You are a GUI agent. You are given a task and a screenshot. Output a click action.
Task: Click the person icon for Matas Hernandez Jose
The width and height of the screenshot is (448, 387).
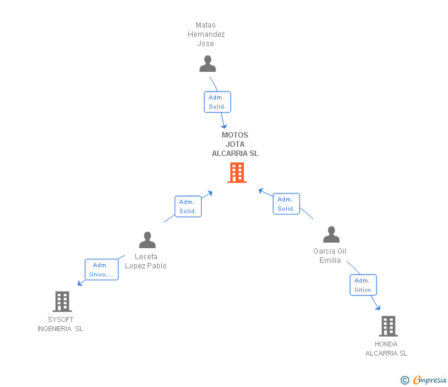(208, 64)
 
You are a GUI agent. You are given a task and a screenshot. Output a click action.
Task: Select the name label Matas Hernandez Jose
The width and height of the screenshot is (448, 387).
(206, 34)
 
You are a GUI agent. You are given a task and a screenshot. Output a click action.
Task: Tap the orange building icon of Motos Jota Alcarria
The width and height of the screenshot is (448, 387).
(236, 173)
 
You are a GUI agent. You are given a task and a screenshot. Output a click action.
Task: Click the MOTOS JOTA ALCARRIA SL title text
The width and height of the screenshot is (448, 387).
(235, 144)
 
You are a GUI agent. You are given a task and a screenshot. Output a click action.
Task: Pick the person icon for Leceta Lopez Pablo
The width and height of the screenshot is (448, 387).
(147, 240)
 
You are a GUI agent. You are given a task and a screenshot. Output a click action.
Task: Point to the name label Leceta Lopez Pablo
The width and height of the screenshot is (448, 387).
(146, 261)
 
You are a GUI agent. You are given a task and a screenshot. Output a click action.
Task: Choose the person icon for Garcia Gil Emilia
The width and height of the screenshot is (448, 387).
(331, 235)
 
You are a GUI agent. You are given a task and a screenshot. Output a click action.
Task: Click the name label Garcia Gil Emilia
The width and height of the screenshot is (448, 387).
(330, 256)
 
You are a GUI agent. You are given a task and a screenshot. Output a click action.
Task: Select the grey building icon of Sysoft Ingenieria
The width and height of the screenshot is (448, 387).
(62, 301)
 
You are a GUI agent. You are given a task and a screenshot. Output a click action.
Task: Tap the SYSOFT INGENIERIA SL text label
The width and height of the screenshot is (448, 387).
(60, 324)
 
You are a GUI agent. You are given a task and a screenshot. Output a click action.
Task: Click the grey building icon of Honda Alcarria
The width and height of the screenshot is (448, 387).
(388, 326)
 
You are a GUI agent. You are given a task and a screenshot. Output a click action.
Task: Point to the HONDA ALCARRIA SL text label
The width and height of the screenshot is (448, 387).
(386, 348)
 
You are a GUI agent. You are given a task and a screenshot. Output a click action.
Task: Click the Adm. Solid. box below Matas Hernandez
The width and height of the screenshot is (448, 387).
(217, 102)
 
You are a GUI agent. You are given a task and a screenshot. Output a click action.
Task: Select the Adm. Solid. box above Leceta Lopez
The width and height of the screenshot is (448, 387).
(188, 206)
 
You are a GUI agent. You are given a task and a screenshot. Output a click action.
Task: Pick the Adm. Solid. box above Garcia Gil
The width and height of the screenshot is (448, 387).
(286, 204)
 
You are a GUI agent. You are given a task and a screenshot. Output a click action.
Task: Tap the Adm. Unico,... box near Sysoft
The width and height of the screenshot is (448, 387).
(101, 270)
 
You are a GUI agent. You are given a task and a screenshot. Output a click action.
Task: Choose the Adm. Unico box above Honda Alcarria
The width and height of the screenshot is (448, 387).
(362, 285)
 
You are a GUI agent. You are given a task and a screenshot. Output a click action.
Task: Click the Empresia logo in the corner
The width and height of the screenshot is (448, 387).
(424, 380)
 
